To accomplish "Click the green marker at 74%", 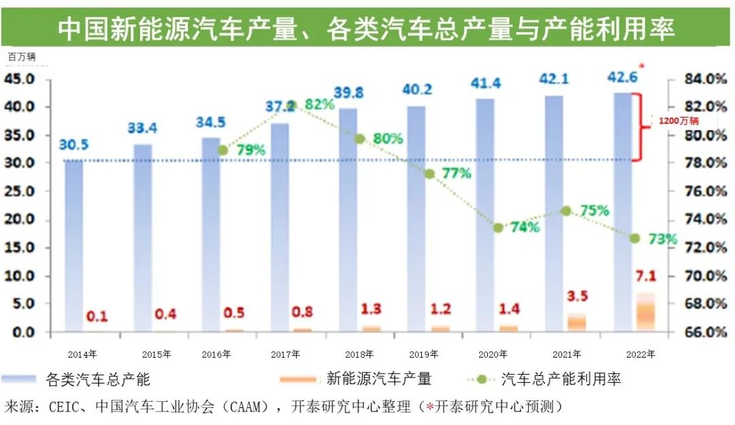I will pyautogui.click(x=498, y=228).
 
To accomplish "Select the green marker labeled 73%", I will pyautogui.click(x=634, y=238).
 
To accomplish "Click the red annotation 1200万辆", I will pyautogui.click(x=679, y=120).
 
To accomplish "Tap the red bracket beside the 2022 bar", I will pyautogui.click(x=638, y=127).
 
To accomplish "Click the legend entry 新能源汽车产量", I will pyautogui.click(x=378, y=379).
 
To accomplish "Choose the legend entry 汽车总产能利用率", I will pyautogui.click(x=561, y=379).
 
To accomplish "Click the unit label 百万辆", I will pyautogui.click(x=22, y=56).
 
